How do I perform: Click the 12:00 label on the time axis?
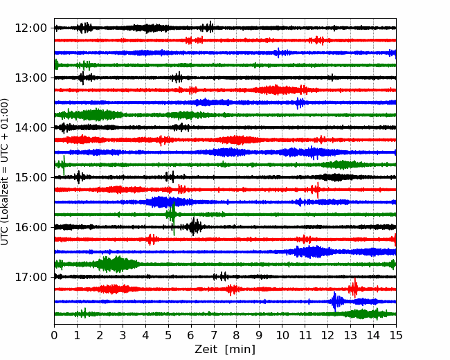point(30,28)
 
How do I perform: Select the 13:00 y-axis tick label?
point(30,78)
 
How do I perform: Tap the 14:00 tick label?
point(30,127)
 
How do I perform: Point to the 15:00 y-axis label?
point(30,177)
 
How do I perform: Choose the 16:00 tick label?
point(30,227)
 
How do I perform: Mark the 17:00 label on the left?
point(30,277)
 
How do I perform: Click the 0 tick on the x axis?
point(54,335)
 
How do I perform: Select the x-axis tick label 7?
point(213,335)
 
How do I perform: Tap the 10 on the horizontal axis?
point(282,335)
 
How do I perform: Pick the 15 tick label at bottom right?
point(396,335)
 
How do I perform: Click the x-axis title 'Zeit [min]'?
point(225,350)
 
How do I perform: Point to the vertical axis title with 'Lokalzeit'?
point(5,172)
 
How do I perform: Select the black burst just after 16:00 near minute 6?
point(195,227)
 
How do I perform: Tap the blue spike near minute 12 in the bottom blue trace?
point(335,301)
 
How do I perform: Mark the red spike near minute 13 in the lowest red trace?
point(354,289)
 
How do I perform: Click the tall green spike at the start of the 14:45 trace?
point(64,165)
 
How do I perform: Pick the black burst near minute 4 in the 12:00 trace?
point(147,28)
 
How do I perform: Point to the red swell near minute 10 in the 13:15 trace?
point(276,90)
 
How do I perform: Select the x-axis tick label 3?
point(123,335)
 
